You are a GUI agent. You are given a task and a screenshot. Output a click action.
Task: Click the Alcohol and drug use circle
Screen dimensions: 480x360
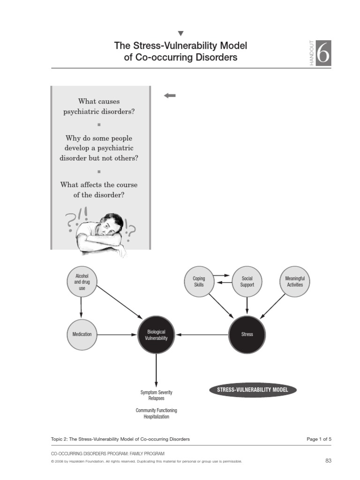(x=82, y=282)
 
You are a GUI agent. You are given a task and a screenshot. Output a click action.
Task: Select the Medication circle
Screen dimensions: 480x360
(x=82, y=334)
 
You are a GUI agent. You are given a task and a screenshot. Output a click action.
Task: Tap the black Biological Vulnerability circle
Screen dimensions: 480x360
(x=156, y=334)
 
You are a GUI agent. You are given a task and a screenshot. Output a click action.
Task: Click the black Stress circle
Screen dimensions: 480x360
(x=247, y=334)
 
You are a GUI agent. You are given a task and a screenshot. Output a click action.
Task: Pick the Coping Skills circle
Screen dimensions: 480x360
(x=199, y=282)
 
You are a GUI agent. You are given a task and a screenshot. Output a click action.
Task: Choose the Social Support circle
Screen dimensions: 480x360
(x=247, y=282)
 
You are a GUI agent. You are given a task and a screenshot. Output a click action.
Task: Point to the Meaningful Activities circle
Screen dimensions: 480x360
(x=295, y=282)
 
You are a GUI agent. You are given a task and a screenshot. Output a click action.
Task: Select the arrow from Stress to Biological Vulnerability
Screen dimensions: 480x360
(x=202, y=334)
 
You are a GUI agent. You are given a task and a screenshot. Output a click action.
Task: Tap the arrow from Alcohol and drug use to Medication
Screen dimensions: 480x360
(x=82, y=307)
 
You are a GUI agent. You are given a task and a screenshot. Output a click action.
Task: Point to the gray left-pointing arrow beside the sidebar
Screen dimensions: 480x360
(x=170, y=96)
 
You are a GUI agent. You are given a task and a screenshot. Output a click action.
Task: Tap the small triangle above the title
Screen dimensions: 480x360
(x=180, y=33)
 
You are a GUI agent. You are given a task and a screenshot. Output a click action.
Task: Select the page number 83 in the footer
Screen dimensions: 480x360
(x=328, y=461)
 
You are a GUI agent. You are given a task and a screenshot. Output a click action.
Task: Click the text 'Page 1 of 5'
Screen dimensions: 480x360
(x=319, y=439)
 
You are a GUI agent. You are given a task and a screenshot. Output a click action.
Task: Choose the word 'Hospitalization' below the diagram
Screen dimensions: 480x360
(x=157, y=417)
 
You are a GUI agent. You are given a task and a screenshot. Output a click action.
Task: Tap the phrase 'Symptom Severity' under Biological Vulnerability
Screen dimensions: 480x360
(x=157, y=392)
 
